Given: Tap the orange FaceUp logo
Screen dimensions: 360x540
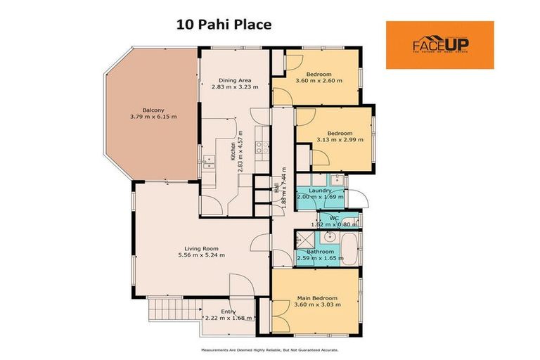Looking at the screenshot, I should pos(439,45).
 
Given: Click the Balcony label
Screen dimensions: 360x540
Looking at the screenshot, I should pos(153,110).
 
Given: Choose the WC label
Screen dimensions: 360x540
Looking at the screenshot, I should pos(335,218).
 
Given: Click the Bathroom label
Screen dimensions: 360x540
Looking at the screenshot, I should pos(321,251).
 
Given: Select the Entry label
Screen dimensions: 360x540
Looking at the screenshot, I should pos(229,311).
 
